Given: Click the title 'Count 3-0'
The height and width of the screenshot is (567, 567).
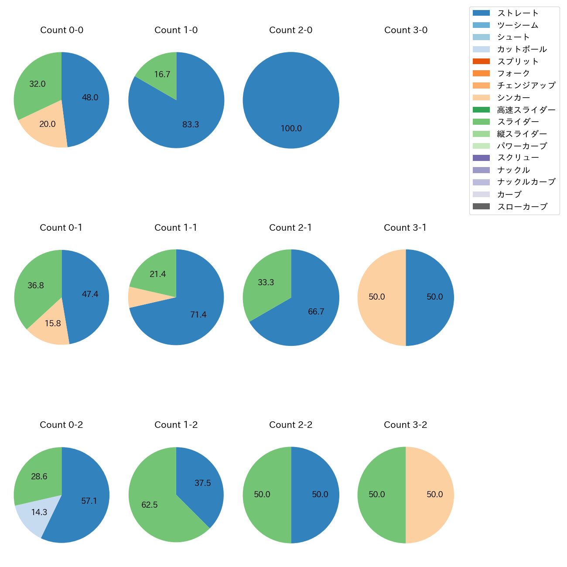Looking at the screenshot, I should tap(406, 30).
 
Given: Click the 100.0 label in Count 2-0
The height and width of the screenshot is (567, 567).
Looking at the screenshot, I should tap(291, 129).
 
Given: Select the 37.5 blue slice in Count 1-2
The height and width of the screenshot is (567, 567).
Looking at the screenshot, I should tap(201, 480).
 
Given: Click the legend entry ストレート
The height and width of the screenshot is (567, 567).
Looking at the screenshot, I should tap(518, 13).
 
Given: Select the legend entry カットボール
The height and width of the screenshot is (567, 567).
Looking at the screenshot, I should tap(522, 49).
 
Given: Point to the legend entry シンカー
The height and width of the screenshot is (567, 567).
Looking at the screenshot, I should tap(513, 98).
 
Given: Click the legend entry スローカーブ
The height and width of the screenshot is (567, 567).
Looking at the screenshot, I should tap(522, 207).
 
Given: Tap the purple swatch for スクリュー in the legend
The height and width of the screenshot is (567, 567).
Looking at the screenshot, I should tap(481, 158).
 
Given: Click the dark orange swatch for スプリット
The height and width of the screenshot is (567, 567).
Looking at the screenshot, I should tap(481, 61).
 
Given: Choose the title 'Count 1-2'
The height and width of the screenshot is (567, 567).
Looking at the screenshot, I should tap(176, 425).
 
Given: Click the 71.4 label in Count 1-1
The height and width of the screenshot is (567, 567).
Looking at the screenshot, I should tap(198, 315).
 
